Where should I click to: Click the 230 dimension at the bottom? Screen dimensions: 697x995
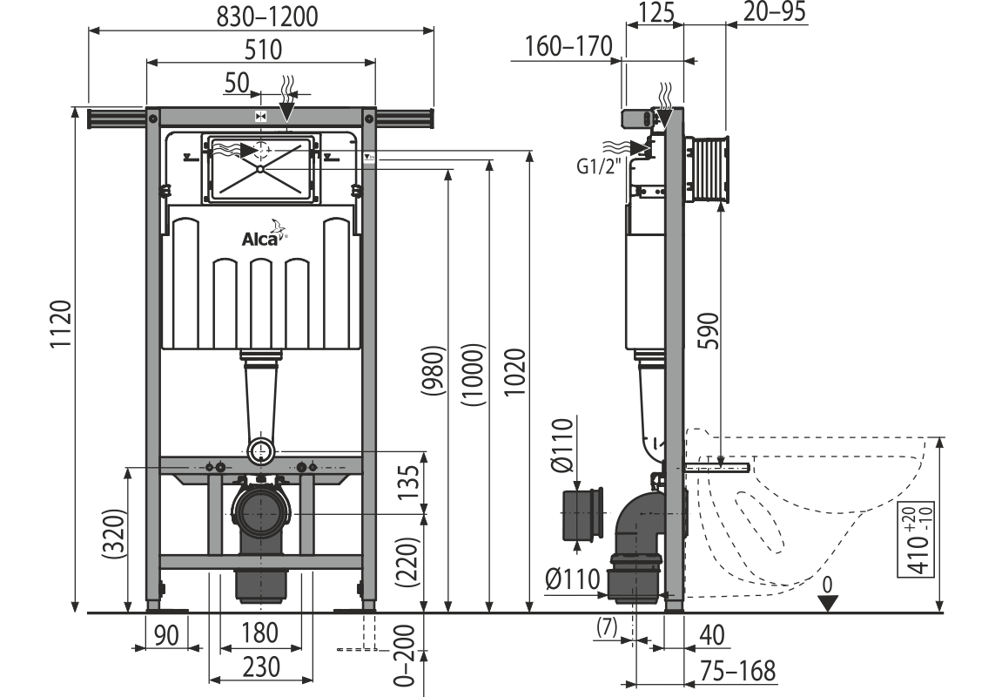pyautogui.click(x=261, y=667)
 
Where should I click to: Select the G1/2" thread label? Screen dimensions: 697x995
pyautogui.click(x=599, y=166)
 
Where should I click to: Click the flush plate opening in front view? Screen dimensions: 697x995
pyautogui.click(x=261, y=168)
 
